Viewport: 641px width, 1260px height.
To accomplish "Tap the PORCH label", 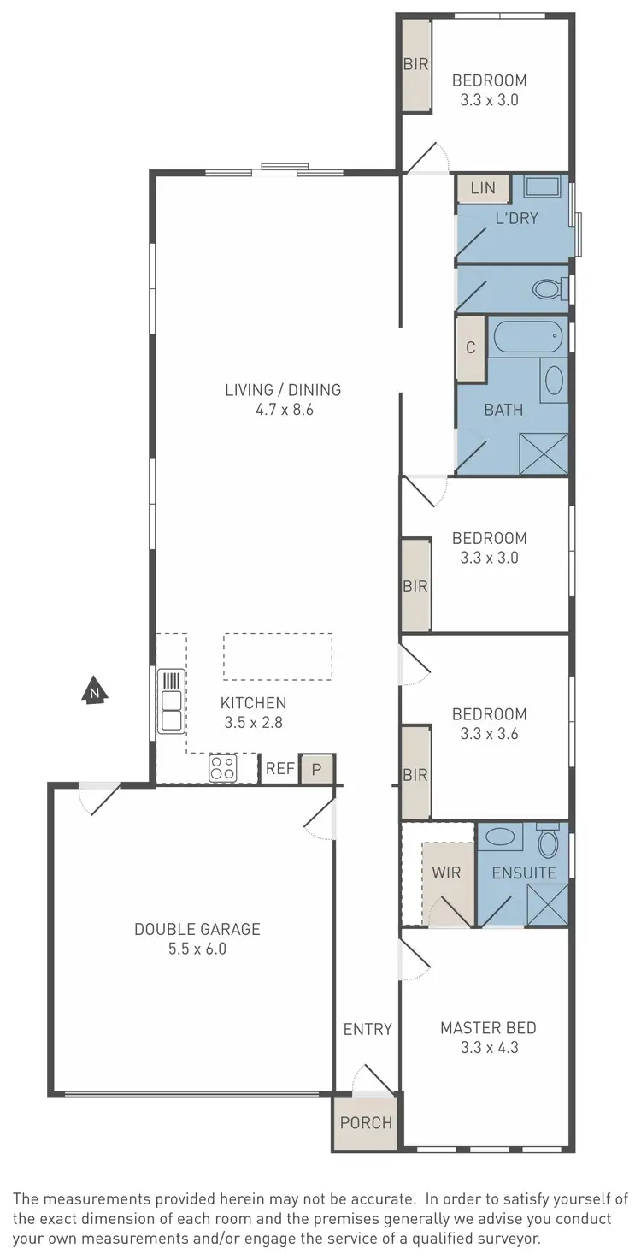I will pos(366,1122).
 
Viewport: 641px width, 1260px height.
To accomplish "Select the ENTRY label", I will pos(368,1029).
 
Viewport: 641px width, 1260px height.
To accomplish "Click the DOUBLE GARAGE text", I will pos(197,929).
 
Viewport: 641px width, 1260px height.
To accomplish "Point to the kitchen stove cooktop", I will pos(222,768).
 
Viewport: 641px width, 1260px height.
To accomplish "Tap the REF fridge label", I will pos(279,769).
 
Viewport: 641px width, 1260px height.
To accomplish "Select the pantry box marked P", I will pos(316,769).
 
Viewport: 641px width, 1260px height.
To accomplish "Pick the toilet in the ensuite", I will pos(547,843).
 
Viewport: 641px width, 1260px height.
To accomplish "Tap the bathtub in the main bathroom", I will pos(527,336).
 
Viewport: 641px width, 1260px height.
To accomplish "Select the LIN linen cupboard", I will pos(483,188).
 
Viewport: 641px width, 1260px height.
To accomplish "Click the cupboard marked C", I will pos(470,348).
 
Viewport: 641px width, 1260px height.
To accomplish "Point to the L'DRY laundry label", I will pos(516,218).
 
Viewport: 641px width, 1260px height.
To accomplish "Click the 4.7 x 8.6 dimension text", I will pos(282,410).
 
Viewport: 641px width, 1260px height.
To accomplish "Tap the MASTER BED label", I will pos(488,1028).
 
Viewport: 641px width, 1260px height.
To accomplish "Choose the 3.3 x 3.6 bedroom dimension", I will pos(490,733).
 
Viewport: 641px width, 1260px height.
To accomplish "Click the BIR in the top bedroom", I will pos(416,63).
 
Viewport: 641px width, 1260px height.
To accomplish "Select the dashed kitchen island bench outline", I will pos(278,656).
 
